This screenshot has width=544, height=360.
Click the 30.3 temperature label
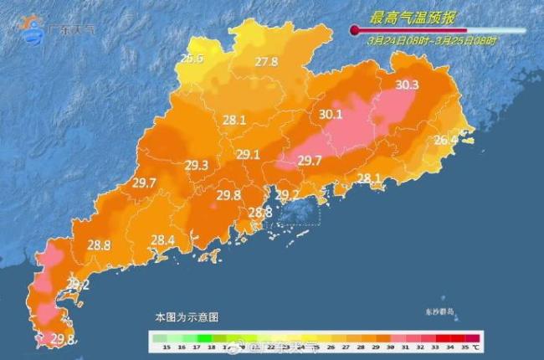pyautogui.click(x=407, y=85)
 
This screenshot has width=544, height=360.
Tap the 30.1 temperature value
pyautogui.click(x=331, y=115)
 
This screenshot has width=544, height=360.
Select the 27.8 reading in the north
pyautogui.click(x=266, y=61)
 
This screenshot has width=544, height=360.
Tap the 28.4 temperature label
pyautogui.click(x=162, y=240)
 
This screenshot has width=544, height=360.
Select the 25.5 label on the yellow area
pyautogui.click(x=193, y=58)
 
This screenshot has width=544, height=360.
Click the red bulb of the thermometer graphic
pyautogui.click(x=354, y=31)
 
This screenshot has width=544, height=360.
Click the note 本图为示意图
pyautogui.click(x=186, y=318)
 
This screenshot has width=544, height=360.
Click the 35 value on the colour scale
pyautogui.click(x=460, y=345)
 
